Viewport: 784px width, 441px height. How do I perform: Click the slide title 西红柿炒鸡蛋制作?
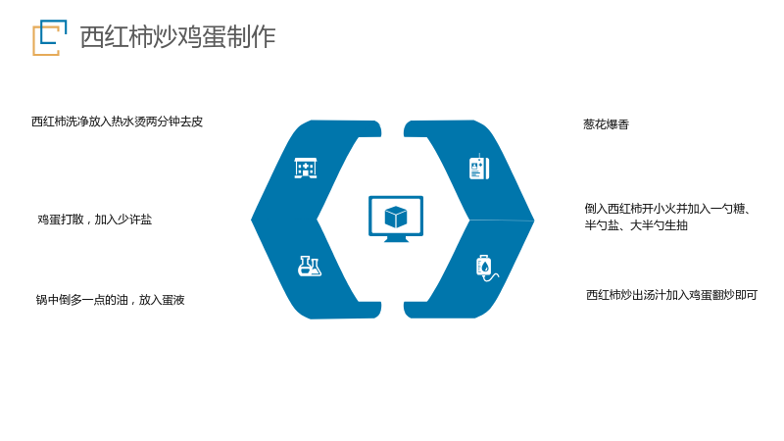click(177, 37)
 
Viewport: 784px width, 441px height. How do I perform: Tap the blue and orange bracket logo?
click(50, 37)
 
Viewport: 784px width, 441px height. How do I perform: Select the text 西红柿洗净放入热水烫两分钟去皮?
click(117, 122)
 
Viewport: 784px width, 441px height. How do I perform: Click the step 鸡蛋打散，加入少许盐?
click(94, 219)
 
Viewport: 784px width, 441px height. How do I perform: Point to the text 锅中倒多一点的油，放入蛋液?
click(110, 300)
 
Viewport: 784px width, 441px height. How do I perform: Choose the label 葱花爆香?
click(606, 124)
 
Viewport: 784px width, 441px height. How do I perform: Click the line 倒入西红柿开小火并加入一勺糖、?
click(668, 209)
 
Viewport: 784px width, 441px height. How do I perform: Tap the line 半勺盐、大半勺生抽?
click(636, 225)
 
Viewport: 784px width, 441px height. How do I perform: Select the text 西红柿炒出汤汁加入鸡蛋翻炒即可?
click(671, 295)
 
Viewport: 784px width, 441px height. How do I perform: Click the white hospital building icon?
click(306, 168)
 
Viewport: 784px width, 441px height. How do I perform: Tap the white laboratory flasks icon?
click(310, 266)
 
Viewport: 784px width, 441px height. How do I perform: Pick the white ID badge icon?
click(479, 168)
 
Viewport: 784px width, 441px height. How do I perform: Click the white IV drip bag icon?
click(486, 269)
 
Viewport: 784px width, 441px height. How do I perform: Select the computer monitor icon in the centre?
click(396, 219)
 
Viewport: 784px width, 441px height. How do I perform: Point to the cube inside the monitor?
click(396, 217)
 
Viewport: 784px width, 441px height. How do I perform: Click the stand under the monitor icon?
click(396, 239)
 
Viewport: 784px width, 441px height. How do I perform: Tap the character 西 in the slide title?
click(92, 37)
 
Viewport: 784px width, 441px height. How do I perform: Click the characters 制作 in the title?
click(251, 37)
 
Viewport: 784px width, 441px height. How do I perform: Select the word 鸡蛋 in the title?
click(202, 37)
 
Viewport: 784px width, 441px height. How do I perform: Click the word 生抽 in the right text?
click(676, 225)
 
